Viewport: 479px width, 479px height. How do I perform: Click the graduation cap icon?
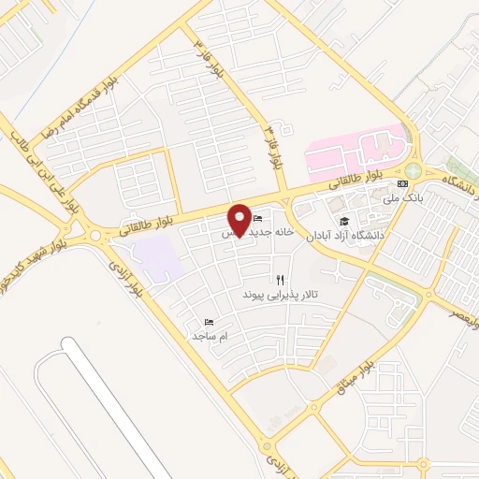point(344,221)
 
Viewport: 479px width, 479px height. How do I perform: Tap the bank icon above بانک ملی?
point(402,183)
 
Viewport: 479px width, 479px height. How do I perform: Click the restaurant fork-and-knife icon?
point(280,279)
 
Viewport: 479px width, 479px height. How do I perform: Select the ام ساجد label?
point(210,334)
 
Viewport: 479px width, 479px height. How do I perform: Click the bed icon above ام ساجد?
point(210,320)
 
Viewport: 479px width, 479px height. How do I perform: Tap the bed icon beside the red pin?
point(257,218)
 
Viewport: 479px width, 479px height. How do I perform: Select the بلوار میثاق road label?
point(356,364)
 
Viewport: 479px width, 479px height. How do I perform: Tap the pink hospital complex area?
point(360,150)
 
